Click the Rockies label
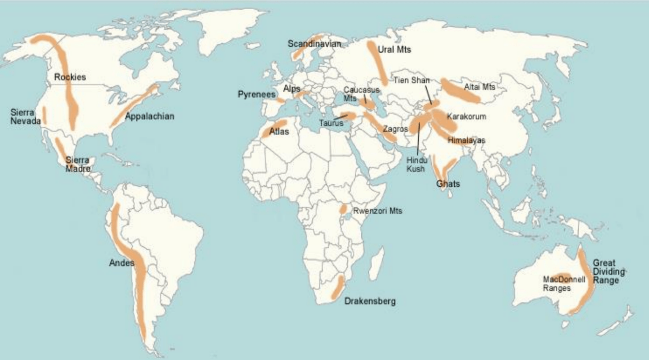(x=70, y=77)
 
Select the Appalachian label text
(x=150, y=116)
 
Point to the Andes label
(x=121, y=263)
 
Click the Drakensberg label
(x=370, y=301)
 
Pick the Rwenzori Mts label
(x=377, y=210)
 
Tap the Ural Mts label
(x=394, y=49)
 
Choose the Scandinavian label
(x=314, y=44)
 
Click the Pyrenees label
(x=256, y=94)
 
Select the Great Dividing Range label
(x=608, y=272)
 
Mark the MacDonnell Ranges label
(x=563, y=284)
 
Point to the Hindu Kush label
(x=416, y=164)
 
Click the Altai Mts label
(x=479, y=87)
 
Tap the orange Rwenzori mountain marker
(x=344, y=209)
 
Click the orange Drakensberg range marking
(x=337, y=288)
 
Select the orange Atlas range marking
(x=274, y=128)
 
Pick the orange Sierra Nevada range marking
(x=44, y=115)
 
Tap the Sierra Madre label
(x=77, y=164)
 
